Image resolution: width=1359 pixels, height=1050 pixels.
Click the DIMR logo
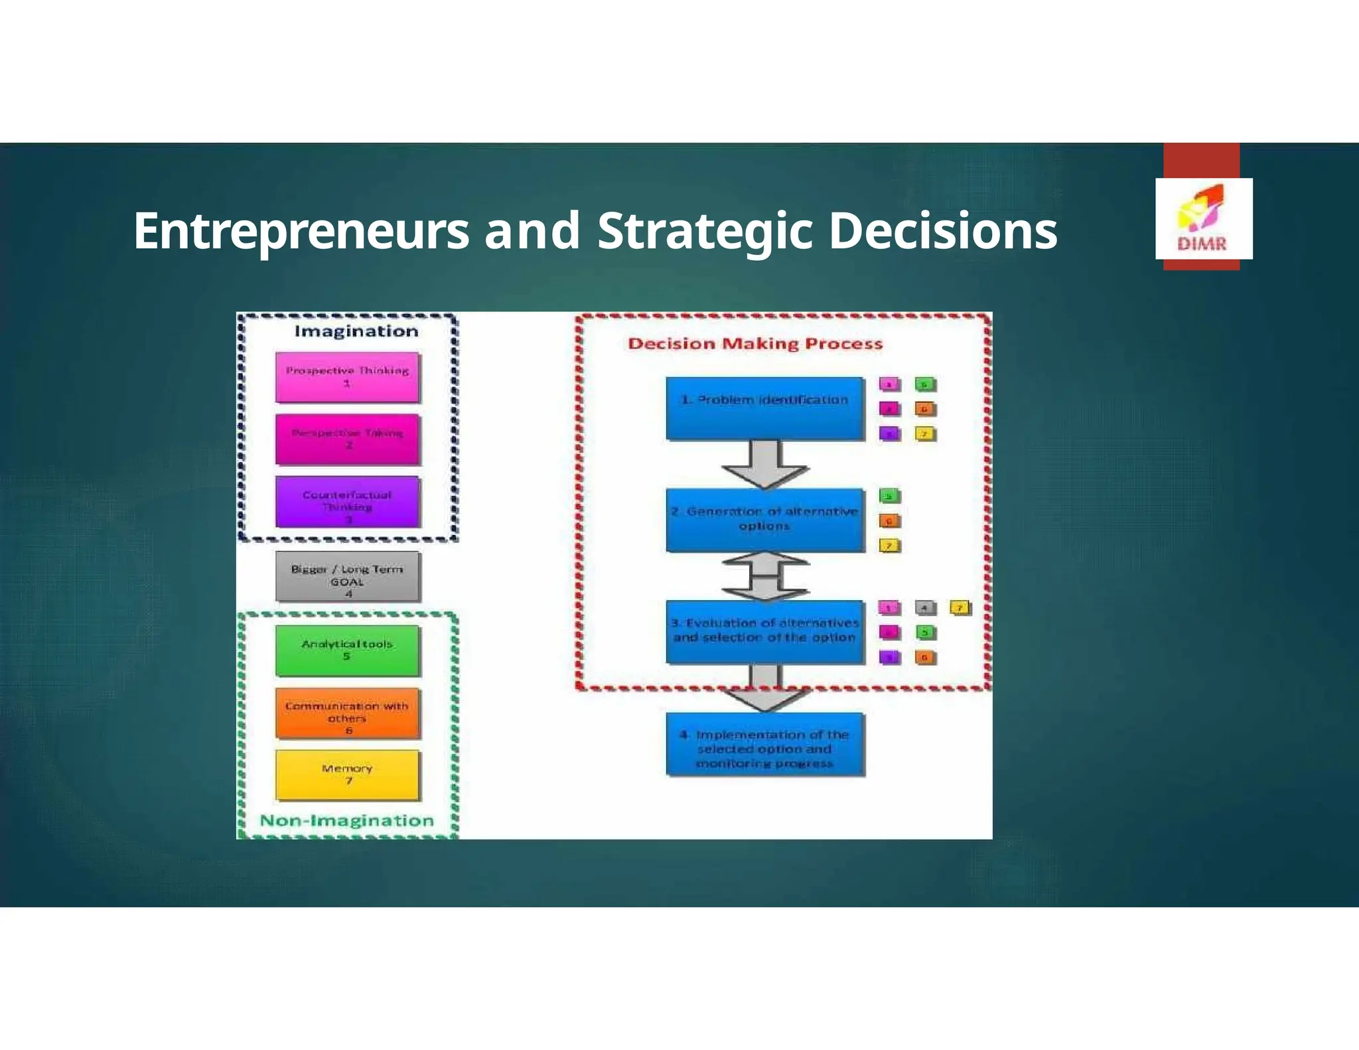point(1203,219)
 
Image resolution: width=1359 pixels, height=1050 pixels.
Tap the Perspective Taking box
point(347,439)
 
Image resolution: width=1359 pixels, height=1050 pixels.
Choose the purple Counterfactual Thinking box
point(347,502)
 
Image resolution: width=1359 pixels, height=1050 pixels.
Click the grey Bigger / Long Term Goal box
point(347,577)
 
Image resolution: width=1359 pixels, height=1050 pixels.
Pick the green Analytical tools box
point(347,650)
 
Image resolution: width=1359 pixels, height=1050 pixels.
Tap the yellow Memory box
point(347,775)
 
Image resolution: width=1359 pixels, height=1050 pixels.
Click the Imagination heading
point(356,331)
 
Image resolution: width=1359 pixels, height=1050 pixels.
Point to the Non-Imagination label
point(346,820)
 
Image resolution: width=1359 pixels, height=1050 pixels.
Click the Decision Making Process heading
point(755,344)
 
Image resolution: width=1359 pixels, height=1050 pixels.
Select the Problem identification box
point(765,408)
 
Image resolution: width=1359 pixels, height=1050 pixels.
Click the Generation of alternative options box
point(765,520)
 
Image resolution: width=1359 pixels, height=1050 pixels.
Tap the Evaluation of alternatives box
point(765,631)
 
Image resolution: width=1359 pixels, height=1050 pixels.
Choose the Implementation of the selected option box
point(765,743)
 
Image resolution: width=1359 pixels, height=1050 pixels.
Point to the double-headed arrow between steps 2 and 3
point(765,576)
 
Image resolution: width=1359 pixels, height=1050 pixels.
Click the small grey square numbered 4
point(924,608)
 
